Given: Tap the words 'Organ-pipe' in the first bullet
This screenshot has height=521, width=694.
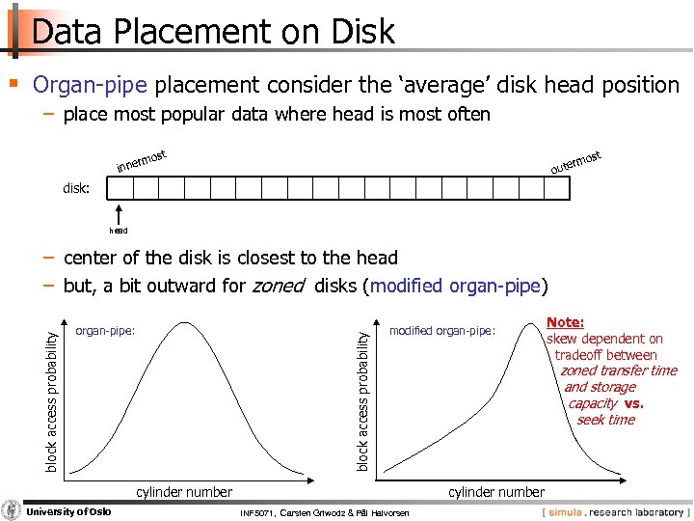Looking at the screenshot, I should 90,85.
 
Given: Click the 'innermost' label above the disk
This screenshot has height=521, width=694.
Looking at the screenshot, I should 143,162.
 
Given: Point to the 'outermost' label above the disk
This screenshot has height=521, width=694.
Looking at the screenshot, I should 575,163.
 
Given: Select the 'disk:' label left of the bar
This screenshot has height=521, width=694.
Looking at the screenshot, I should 76,188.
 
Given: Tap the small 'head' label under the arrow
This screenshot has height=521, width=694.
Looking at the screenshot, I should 118,231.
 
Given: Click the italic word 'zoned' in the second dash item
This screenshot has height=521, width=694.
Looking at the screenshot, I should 278,286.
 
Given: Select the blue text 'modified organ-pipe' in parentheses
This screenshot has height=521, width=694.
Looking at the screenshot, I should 456,286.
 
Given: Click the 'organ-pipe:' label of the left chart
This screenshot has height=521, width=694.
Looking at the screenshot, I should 105,331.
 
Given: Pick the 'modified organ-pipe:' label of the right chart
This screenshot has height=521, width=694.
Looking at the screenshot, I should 441,331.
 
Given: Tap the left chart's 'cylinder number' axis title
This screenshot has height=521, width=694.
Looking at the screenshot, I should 184,492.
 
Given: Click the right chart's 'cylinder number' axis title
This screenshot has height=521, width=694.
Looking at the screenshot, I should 496,492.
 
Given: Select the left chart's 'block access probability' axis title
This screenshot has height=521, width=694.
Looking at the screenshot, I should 54,397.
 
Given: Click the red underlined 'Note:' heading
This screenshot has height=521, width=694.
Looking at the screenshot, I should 565,323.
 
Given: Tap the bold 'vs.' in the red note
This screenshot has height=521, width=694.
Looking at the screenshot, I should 633,403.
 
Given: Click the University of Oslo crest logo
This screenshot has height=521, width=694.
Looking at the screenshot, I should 12,509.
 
